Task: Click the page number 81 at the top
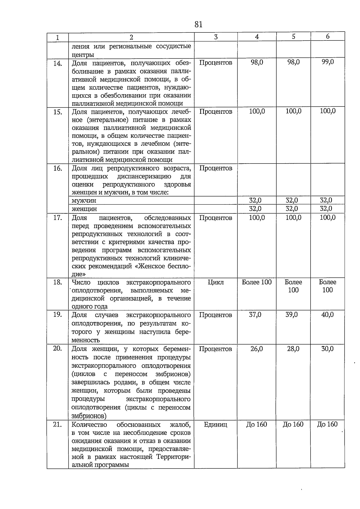(x=198, y=24)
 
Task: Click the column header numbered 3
(x=216, y=37)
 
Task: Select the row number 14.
(x=58, y=63)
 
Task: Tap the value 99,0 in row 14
(x=328, y=62)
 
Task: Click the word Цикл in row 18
(x=215, y=282)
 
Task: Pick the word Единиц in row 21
(x=215, y=424)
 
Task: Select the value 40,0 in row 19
(x=328, y=315)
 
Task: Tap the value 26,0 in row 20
(x=256, y=349)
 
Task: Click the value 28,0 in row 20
(x=293, y=349)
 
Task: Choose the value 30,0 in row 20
(x=328, y=349)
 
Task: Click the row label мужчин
(x=84, y=200)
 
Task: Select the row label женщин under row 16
(x=84, y=209)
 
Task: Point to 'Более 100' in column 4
(x=256, y=282)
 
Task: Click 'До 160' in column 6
(x=327, y=424)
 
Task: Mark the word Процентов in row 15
(x=215, y=112)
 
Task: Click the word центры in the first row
(x=83, y=55)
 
